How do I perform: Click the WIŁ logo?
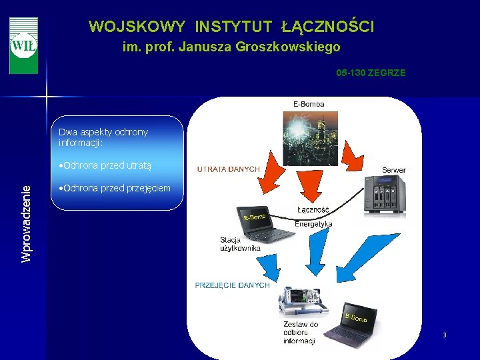tap(23, 45)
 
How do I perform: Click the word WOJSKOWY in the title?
tap(137, 27)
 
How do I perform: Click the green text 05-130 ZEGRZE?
tap(371, 73)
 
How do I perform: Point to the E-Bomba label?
tap(309, 104)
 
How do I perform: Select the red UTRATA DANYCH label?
tap(228, 169)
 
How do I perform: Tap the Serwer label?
tap(393, 170)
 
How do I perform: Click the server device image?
tap(385, 195)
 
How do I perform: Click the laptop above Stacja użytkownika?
tap(265, 224)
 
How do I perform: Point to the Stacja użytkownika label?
tap(240, 244)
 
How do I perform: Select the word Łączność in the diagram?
tap(313, 209)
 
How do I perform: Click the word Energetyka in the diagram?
tap(313, 224)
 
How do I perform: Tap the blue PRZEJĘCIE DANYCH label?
tap(232, 285)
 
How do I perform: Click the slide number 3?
tap(444, 335)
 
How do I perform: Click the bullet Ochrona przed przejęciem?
tap(115, 188)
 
